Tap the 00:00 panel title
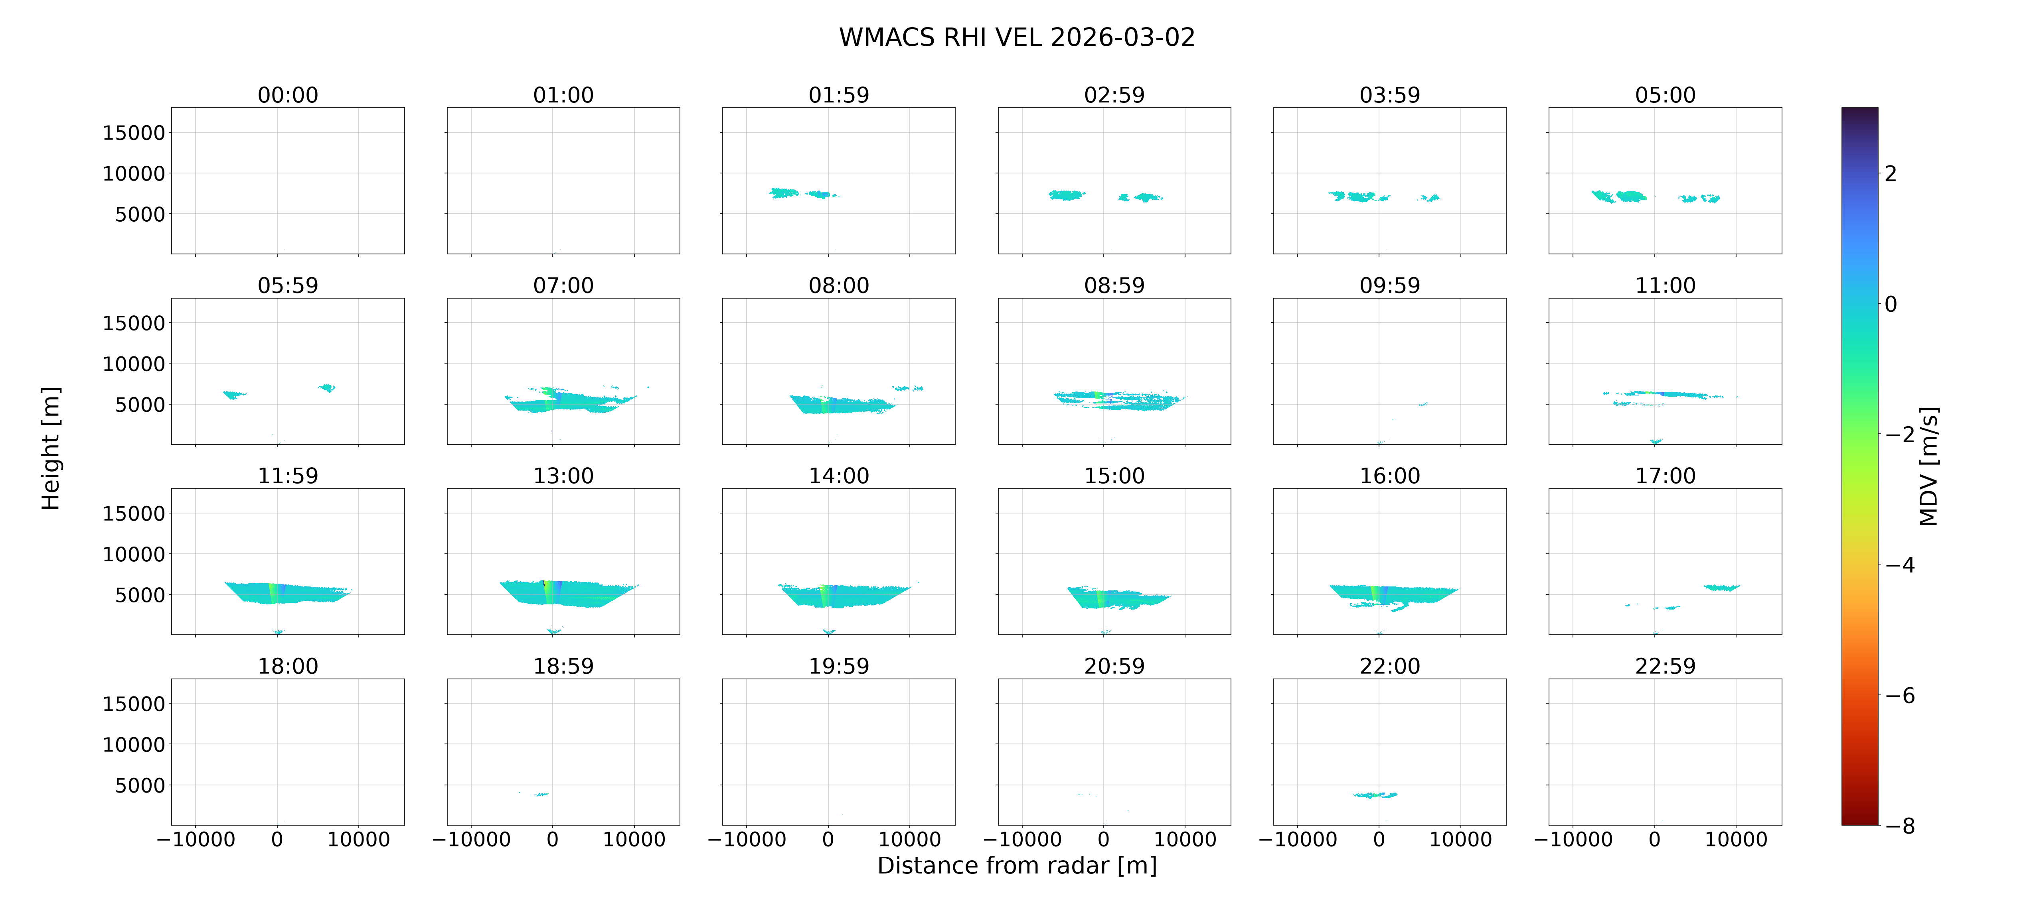[288, 95]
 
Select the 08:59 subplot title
[1114, 285]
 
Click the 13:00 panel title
[563, 475]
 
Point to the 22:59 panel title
[1665, 666]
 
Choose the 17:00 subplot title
[1665, 475]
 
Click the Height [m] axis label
[51, 448]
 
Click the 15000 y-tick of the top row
[134, 133]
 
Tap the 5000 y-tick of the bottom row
[140, 785]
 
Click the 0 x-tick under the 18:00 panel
[277, 839]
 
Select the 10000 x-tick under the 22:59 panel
[1736, 839]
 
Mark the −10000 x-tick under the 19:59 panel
[747, 839]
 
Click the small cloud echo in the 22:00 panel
[1375, 795]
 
